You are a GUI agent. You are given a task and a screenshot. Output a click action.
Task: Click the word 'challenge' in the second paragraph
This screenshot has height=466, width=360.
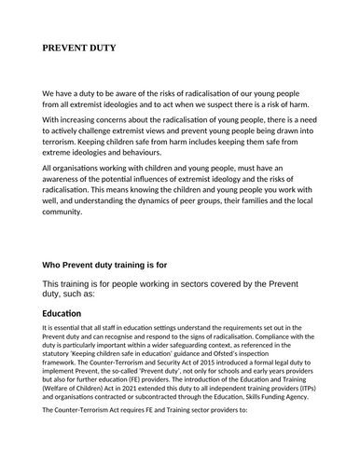(x=120, y=135)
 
